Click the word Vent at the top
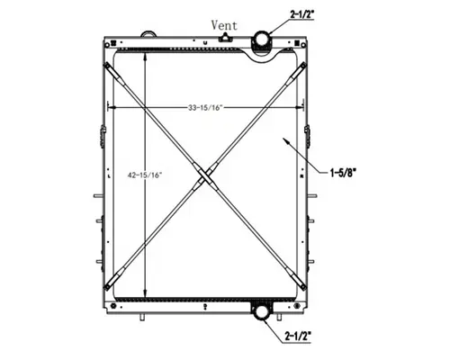[x=224, y=25]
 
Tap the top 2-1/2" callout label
[x=301, y=14]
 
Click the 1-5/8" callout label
[x=343, y=173]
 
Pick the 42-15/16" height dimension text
[x=145, y=175]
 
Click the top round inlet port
[x=262, y=39]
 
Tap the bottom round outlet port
[x=262, y=312]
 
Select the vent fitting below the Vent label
[x=225, y=38]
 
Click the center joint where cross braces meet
[x=205, y=175]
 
